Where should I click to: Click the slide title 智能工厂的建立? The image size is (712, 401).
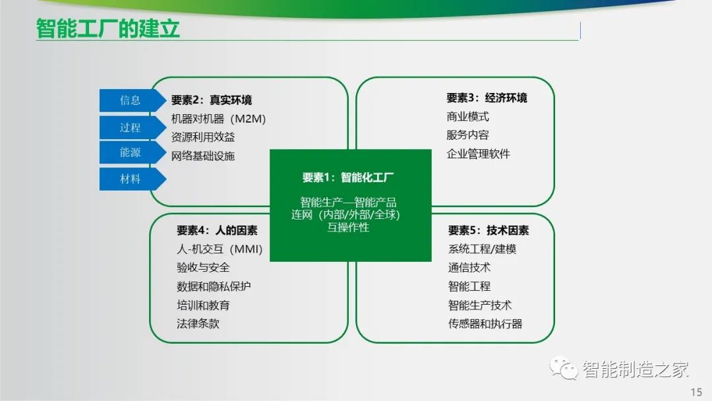[107, 28]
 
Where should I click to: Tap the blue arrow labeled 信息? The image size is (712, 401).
[133, 100]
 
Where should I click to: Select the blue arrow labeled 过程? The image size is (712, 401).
[133, 127]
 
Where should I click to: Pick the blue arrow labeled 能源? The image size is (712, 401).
[133, 152]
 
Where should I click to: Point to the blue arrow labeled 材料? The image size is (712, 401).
[133, 179]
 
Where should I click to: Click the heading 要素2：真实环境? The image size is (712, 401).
[211, 100]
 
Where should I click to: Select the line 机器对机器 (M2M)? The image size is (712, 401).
[218, 119]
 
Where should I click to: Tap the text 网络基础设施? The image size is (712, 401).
[203, 156]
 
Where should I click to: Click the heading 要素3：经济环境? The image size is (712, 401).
[487, 98]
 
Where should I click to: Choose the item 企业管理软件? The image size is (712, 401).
[478, 154]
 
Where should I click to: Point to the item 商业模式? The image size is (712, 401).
[467, 117]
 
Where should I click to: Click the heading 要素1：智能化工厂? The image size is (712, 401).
[348, 177]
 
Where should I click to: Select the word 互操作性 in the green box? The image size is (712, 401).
[348, 227]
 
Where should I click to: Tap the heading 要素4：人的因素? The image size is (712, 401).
[217, 230]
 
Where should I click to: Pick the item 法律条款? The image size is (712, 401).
[198, 323]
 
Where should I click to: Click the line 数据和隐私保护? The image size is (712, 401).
[214, 286]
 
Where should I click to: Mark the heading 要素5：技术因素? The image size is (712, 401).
[489, 230]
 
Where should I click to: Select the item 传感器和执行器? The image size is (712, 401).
[485, 323]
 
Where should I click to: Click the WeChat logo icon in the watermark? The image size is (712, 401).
[563, 367]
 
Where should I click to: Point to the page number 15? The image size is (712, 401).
[697, 392]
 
